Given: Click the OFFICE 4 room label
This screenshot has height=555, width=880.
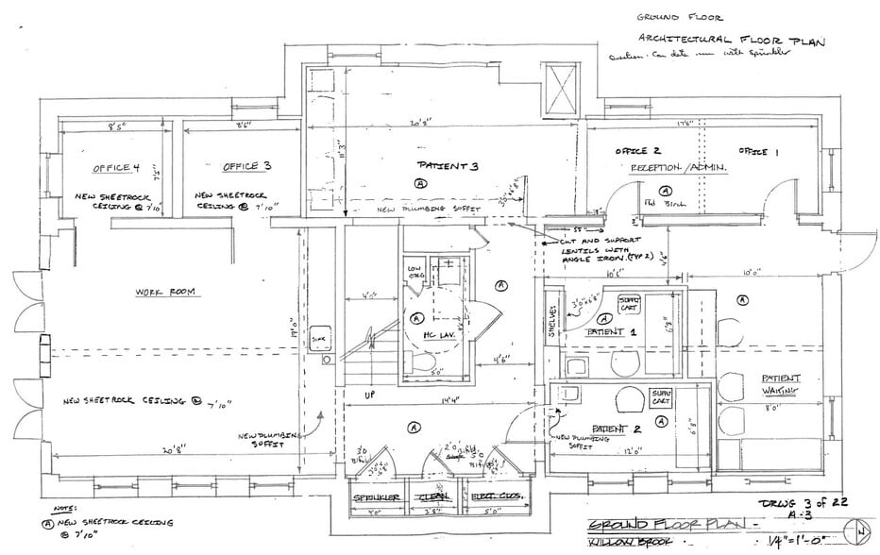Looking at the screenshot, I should point(116,168).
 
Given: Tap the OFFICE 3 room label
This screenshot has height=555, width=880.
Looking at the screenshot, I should point(246,166).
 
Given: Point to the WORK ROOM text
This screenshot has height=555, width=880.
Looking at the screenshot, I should point(164,293).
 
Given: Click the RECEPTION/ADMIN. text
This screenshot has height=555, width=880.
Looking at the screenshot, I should point(677,167).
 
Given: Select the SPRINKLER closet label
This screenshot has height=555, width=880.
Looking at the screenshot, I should point(378,498).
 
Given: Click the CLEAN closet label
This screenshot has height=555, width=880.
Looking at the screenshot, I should point(435,498).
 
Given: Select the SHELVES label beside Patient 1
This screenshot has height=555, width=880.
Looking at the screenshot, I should point(552,321).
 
